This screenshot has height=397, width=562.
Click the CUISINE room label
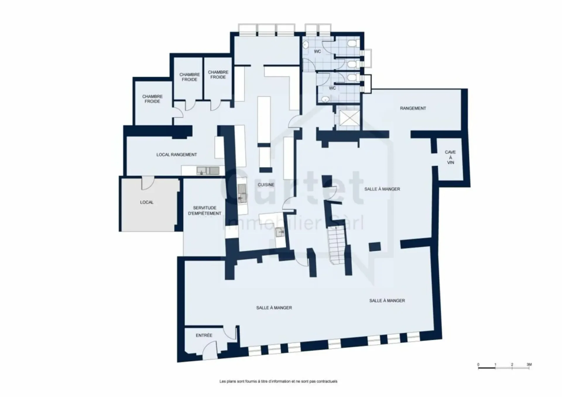click(x=266, y=185)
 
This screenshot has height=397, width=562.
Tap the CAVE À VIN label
click(x=450, y=157)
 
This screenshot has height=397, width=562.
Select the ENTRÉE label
click(x=204, y=335)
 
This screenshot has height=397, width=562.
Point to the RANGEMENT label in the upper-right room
click(x=413, y=108)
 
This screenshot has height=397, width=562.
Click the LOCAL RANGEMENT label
click(x=177, y=155)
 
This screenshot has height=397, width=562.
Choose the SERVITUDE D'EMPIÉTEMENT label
click(x=205, y=211)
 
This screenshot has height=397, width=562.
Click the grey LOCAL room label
click(x=147, y=202)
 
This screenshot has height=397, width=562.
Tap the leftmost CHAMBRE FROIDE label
click(x=152, y=99)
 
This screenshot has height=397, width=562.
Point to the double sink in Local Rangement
click(x=208, y=170)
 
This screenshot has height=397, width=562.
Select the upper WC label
click(x=317, y=52)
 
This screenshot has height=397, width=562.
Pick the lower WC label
click(x=332, y=88)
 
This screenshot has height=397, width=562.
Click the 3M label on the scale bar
click(x=529, y=365)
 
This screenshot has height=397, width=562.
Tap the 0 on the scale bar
click(x=478, y=365)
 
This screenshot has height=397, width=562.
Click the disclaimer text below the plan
click(x=278, y=381)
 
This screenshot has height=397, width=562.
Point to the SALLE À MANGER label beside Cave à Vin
click(x=382, y=189)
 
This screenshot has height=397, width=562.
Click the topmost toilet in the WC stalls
click(x=352, y=44)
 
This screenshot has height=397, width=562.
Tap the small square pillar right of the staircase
click(x=375, y=247)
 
